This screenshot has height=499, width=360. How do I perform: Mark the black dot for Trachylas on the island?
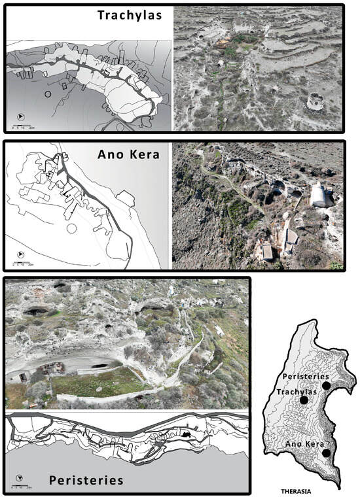pyautogui.click(x=304, y=400)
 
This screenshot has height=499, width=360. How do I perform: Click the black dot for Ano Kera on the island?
pyautogui.click(x=327, y=453)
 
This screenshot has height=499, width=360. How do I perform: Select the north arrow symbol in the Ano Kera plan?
pyautogui.click(x=20, y=254)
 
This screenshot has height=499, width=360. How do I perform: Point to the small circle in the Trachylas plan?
pyautogui.click(x=46, y=94)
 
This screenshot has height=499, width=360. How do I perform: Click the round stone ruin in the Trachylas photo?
pyautogui.click(x=315, y=101)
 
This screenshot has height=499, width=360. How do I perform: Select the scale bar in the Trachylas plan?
pyautogui.click(x=24, y=125)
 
